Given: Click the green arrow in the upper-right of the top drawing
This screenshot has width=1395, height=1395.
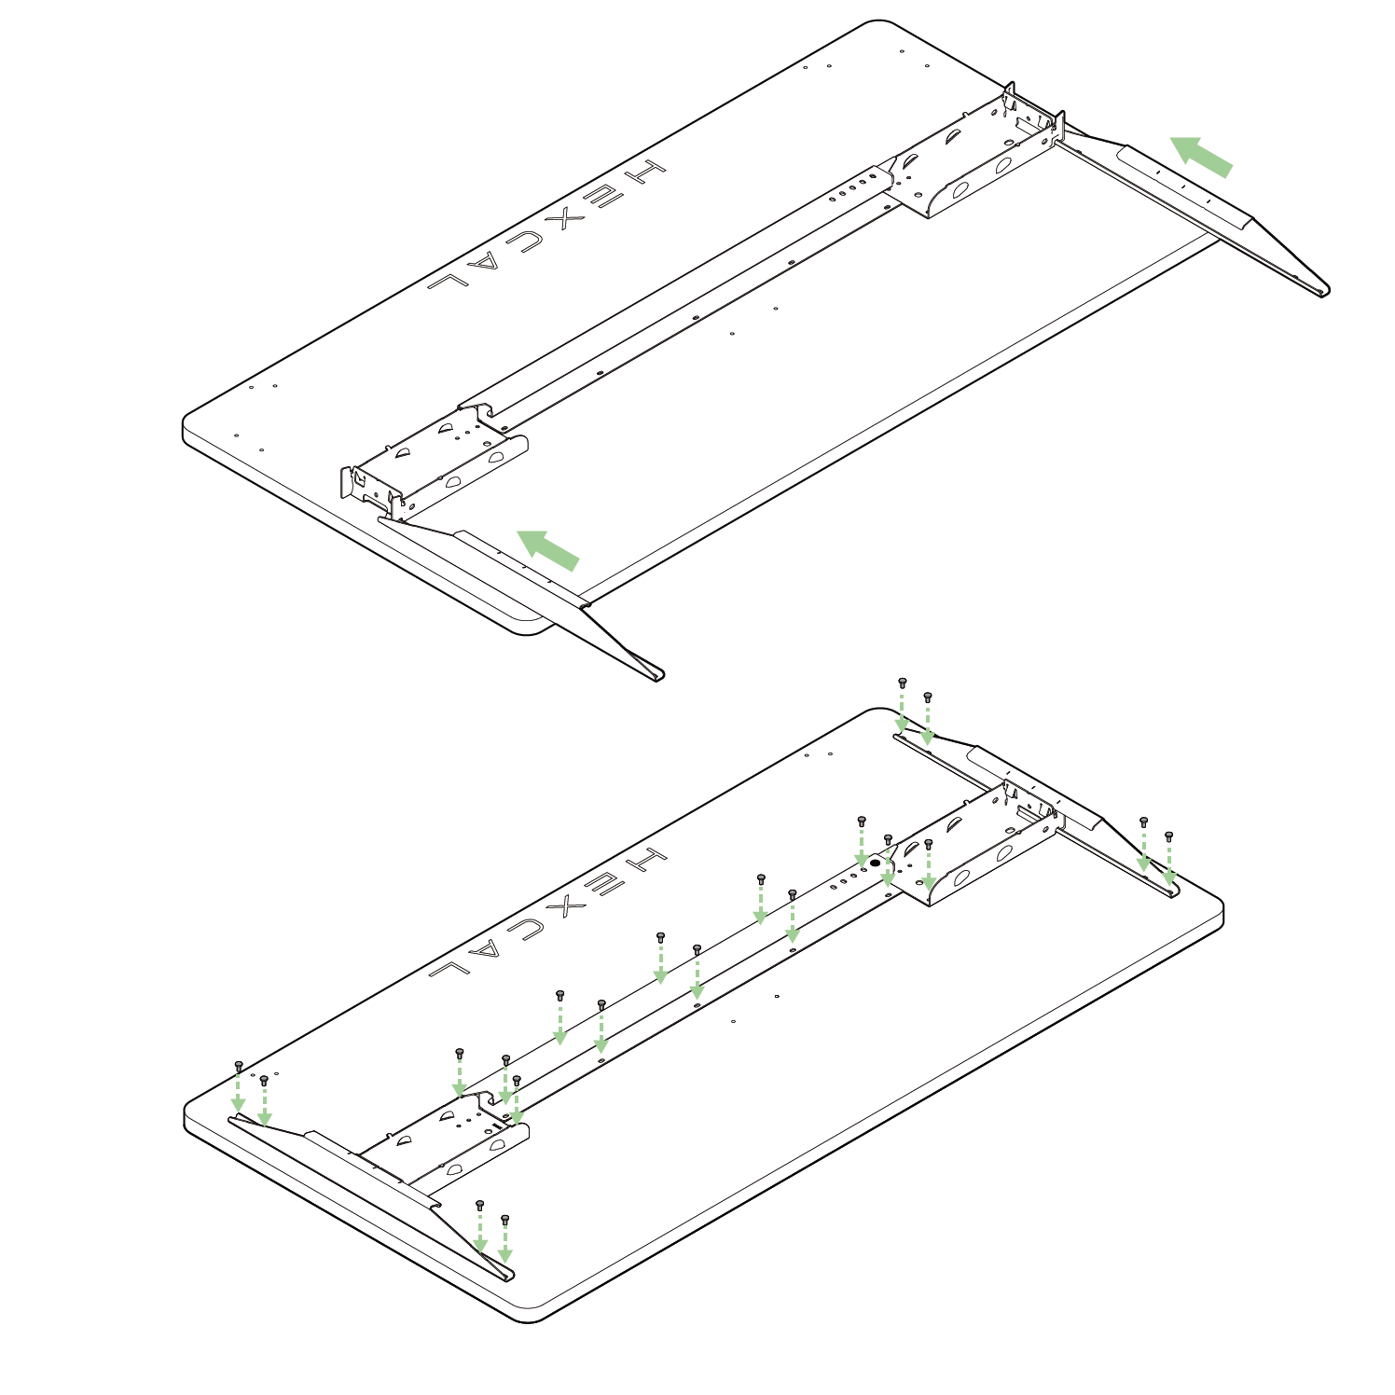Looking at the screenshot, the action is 1201,156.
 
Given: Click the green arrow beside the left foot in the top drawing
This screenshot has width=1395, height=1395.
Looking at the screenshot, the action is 547,549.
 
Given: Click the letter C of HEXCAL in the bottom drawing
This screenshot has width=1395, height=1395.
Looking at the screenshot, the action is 527,928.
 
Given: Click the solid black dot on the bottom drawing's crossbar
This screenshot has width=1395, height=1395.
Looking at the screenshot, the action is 875,863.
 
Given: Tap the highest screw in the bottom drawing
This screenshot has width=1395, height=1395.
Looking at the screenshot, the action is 902,683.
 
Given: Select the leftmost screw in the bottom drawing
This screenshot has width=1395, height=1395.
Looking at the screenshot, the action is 239,1065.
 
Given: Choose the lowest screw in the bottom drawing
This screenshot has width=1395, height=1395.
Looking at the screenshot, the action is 505,1219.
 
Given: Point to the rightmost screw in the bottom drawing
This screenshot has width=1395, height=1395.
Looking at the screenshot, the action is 1168,836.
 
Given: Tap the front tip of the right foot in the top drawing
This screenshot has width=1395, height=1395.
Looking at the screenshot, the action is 1325,292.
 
